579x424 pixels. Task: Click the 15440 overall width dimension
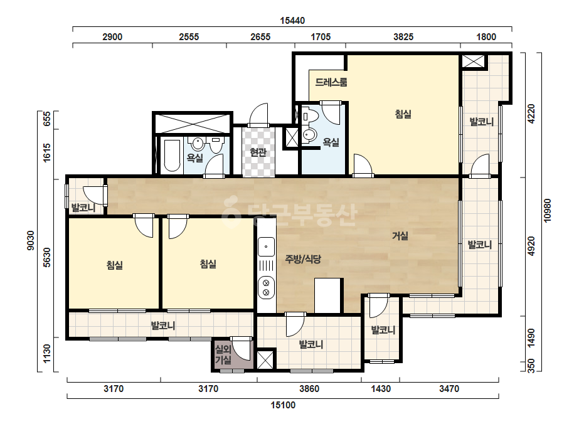tap(292, 20)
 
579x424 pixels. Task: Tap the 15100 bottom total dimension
tap(283, 405)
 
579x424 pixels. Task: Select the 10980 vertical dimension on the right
tap(547, 211)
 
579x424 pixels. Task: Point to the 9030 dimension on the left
tap(30, 240)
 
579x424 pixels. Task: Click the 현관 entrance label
tap(258, 152)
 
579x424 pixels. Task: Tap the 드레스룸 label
tap(331, 82)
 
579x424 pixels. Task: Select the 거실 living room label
tap(400, 235)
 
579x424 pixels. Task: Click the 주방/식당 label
tap(303, 259)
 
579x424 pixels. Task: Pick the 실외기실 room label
tap(223, 354)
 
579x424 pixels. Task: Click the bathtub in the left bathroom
tap(172, 156)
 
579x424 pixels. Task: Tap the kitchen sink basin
tap(266, 246)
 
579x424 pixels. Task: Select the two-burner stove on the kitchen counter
tap(266, 288)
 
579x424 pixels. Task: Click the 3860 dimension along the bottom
tap(309, 388)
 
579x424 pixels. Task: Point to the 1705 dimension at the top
tap(321, 36)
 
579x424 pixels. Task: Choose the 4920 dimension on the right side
tap(531, 246)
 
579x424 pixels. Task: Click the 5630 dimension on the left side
tap(46, 257)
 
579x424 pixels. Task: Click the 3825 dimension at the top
tap(403, 36)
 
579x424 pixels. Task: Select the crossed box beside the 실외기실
tap(265, 360)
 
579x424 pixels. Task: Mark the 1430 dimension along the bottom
tap(381, 388)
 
